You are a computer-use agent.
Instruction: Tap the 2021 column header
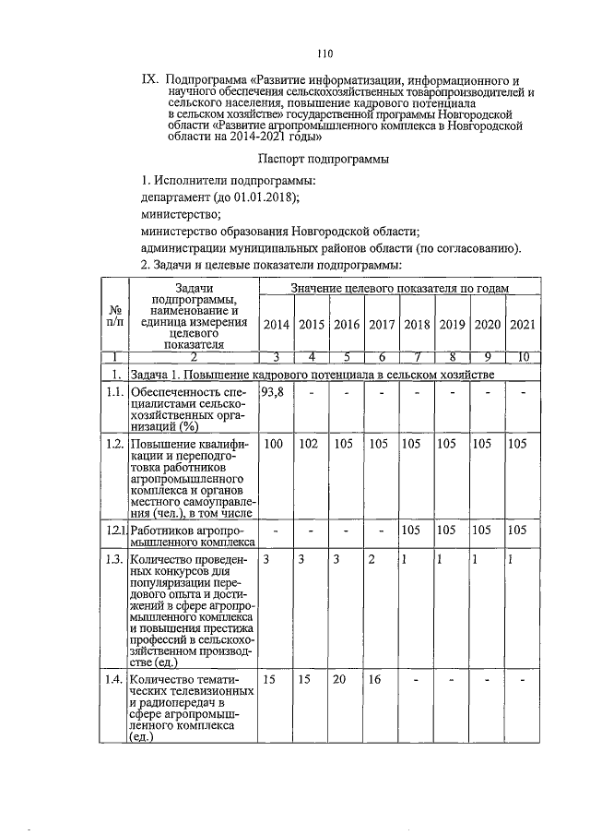[521, 324]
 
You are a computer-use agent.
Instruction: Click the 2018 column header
[417, 324]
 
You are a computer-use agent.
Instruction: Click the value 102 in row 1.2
[311, 445]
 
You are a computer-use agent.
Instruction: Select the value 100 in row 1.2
[274, 445]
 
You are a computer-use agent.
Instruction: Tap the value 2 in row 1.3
[372, 559]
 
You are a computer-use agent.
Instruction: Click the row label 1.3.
[113, 559]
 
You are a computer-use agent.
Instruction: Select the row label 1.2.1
[113, 531]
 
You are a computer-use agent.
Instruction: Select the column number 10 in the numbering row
[521, 356]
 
